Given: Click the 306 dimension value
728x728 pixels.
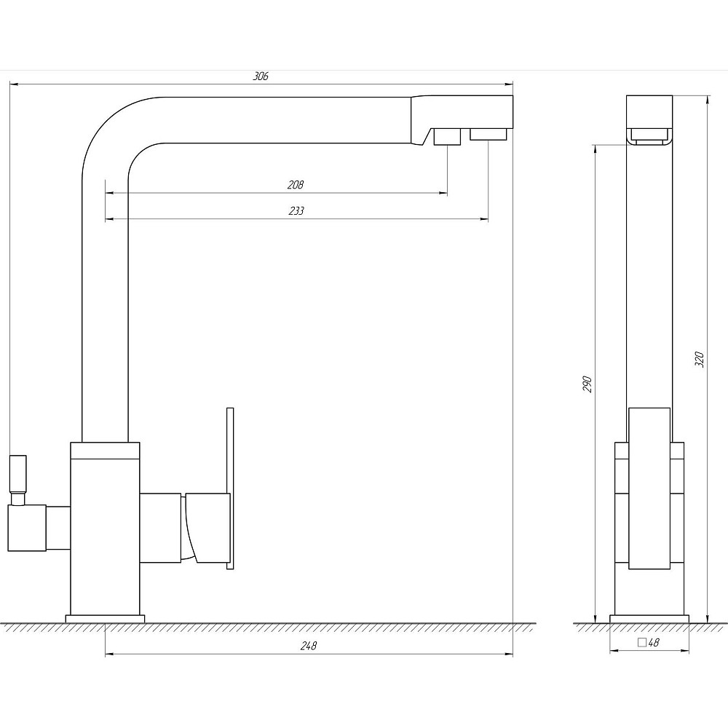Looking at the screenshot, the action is (x=261, y=76).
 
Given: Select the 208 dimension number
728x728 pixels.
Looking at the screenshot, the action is (x=296, y=185).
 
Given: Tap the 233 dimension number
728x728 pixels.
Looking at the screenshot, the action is (x=296, y=211).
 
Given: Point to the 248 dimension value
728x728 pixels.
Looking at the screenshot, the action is (x=308, y=646).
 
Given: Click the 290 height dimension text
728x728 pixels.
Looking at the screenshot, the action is (x=587, y=384).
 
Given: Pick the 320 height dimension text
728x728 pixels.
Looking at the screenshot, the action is (x=699, y=360).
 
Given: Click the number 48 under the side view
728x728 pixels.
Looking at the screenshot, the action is (x=654, y=643).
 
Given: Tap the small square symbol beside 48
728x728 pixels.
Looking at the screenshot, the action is (x=642, y=643).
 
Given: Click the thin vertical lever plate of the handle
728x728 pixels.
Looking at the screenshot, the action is (x=230, y=488).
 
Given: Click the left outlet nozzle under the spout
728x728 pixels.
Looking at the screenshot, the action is (x=447, y=137).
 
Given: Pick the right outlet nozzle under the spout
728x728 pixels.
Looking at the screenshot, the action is (x=488, y=134).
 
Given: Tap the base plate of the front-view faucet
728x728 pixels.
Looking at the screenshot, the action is (x=105, y=619).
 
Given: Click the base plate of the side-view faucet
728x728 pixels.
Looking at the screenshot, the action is (x=649, y=619).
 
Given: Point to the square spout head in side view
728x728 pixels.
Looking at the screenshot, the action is (x=649, y=120).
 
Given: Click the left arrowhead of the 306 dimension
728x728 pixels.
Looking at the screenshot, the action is (x=14, y=84).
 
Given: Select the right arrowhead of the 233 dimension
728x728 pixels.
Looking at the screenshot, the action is (x=484, y=219).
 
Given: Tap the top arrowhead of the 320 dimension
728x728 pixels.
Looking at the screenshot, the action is (x=707, y=100).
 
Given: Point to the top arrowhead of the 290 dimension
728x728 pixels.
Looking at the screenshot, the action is (x=595, y=149).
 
